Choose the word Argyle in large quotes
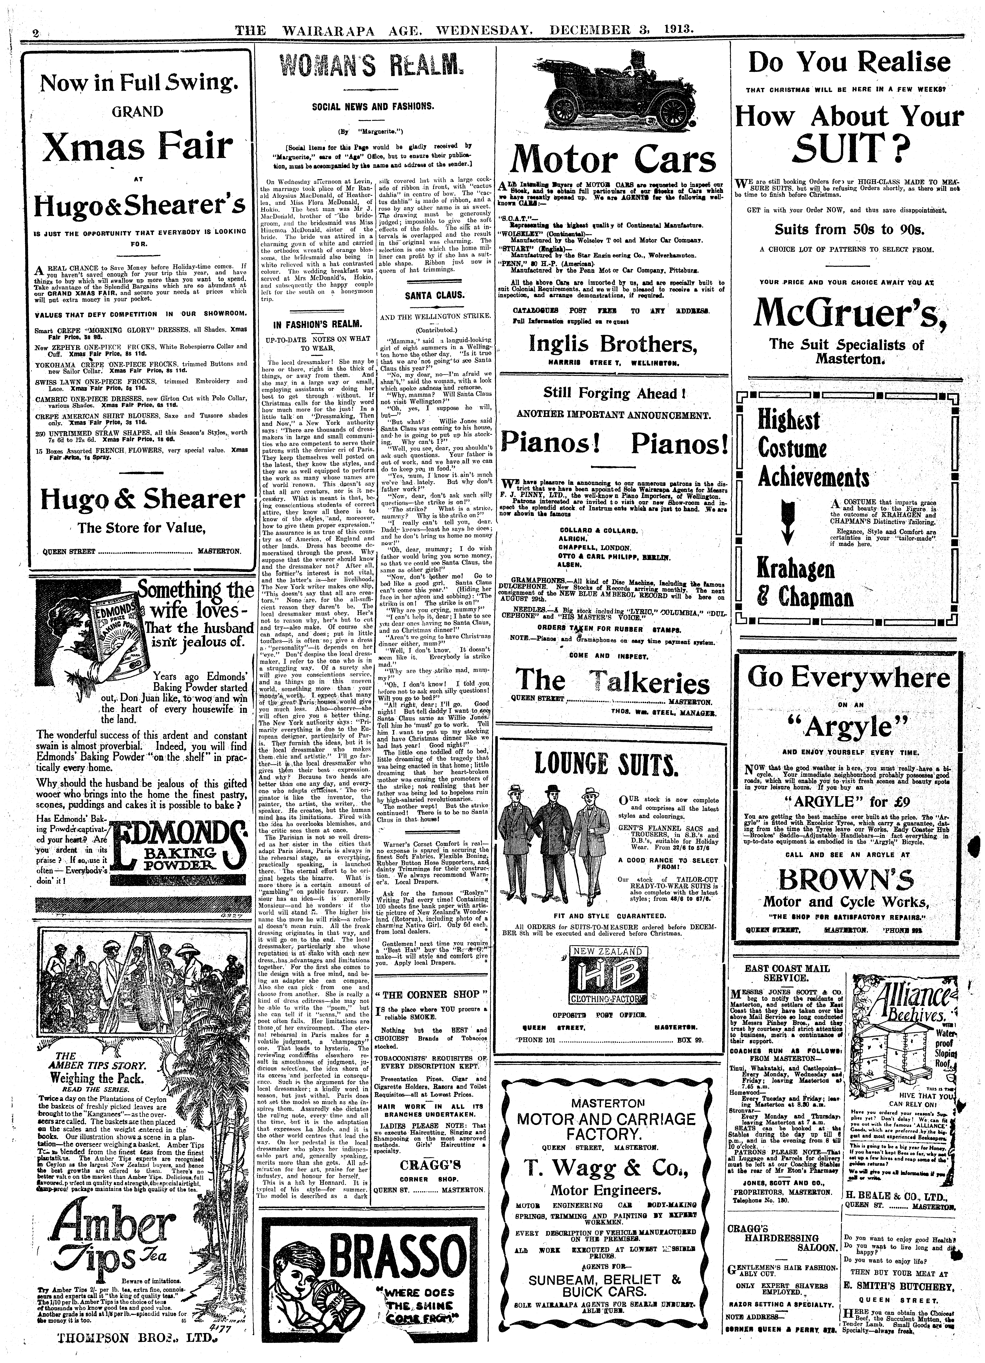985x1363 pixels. point(850,728)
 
